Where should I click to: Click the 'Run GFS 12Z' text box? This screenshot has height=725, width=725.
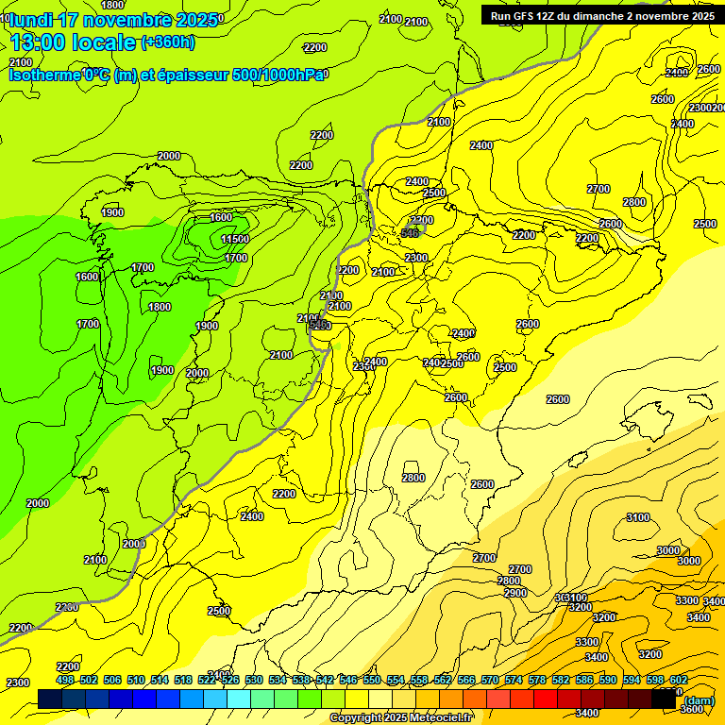[x=602, y=15]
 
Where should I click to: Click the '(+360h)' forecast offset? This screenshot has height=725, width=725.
[x=168, y=42]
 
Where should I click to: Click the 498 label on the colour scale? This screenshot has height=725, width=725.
[x=65, y=680]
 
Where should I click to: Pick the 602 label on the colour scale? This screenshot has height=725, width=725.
[x=678, y=680]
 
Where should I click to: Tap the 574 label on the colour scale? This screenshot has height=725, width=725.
[x=514, y=680]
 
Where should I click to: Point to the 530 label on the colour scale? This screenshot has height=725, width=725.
[x=254, y=680]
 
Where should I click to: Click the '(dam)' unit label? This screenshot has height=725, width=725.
[x=699, y=700]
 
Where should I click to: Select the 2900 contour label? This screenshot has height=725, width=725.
[x=515, y=593]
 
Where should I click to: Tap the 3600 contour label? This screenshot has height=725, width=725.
[x=691, y=709]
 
